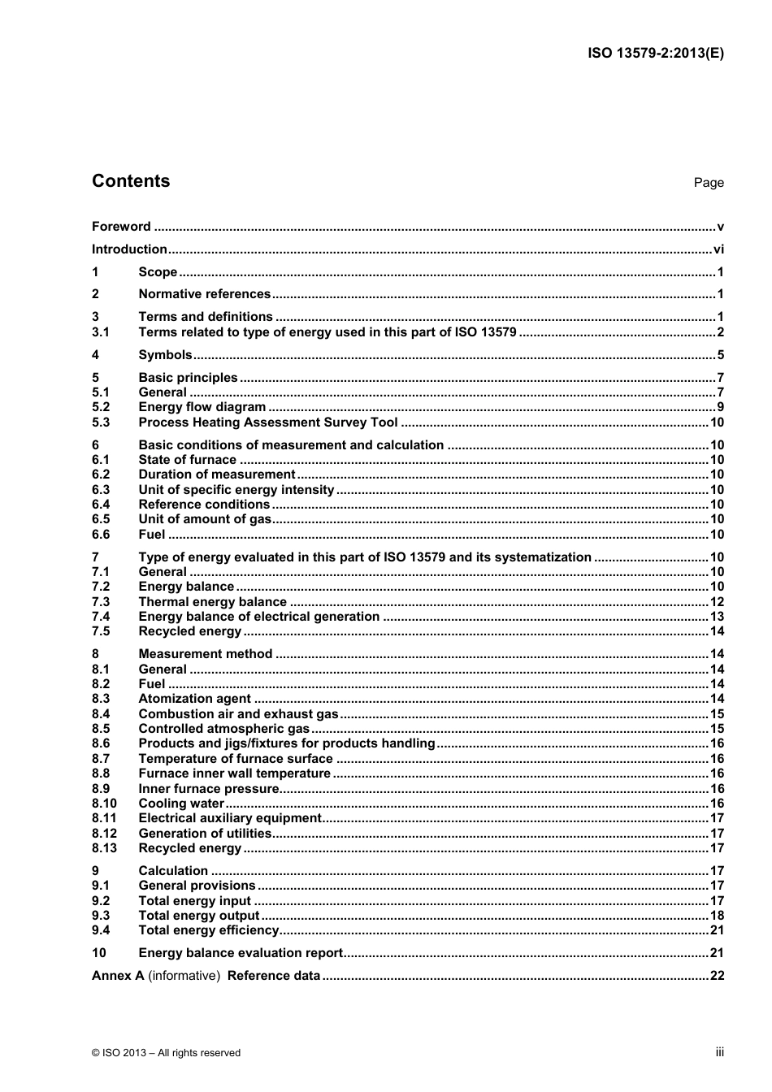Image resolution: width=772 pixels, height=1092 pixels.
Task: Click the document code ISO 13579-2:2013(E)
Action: click(x=655, y=54)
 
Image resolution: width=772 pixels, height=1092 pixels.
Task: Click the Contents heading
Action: click(x=131, y=181)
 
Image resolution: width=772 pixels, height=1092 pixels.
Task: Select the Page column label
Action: click(x=708, y=183)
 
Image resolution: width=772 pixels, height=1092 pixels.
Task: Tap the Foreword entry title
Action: click(x=121, y=227)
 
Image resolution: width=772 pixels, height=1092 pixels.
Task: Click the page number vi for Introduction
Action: click(x=718, y=249)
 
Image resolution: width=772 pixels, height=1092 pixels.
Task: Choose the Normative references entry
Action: click(x=204, y=294)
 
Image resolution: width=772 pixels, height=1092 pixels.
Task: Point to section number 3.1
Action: click(x=101, y=331)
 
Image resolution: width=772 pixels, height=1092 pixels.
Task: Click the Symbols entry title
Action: click(x=165, y=354)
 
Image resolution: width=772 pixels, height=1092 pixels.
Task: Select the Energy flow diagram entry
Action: click(x=202, y=407)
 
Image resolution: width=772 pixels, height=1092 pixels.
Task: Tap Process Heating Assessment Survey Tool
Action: click(x=268, y=422)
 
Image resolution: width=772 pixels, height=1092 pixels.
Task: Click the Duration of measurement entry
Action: click(x=216, y=474)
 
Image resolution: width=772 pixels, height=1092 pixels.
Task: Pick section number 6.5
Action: click(x=101, y=519)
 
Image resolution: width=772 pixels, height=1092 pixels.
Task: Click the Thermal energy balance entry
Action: click(x=212, y=602)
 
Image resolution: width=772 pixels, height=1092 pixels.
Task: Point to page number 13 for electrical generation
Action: click(x=717, y=617)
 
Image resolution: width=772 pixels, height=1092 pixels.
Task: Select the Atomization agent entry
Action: click(x=194, y=699)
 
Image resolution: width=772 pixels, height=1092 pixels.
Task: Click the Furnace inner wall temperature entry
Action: click(x=234, y=773)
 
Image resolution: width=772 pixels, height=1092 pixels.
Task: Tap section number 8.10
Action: click(x=104, y=804)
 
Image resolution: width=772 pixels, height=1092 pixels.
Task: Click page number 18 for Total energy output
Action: click(x=717, y=916)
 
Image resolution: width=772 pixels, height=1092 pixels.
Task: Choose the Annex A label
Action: click(x=118, y=976)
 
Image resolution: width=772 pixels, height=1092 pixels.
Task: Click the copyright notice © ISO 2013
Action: click(x=166, y=1053)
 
